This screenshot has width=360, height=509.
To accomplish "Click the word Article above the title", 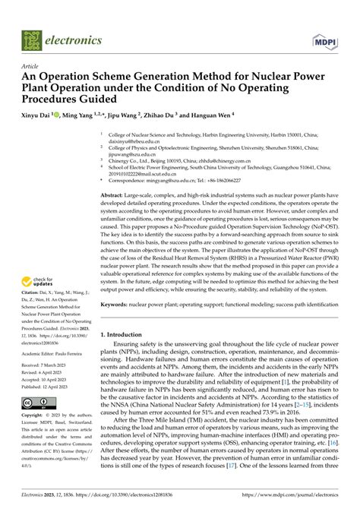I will coord(31,66).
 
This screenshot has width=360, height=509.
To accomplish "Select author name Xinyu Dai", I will coord(39,112).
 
